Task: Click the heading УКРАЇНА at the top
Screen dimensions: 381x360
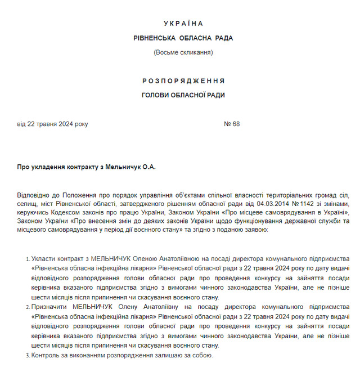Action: (183, 24)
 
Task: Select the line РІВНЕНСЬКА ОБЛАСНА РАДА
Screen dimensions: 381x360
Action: (183, 38)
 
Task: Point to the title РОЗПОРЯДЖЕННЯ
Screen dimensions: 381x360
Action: (183, 81)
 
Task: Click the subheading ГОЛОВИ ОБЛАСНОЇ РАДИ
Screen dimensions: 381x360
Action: (183, 95)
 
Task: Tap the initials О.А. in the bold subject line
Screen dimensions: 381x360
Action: (148, 167)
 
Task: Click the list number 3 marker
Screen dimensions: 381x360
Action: (28, 356)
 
